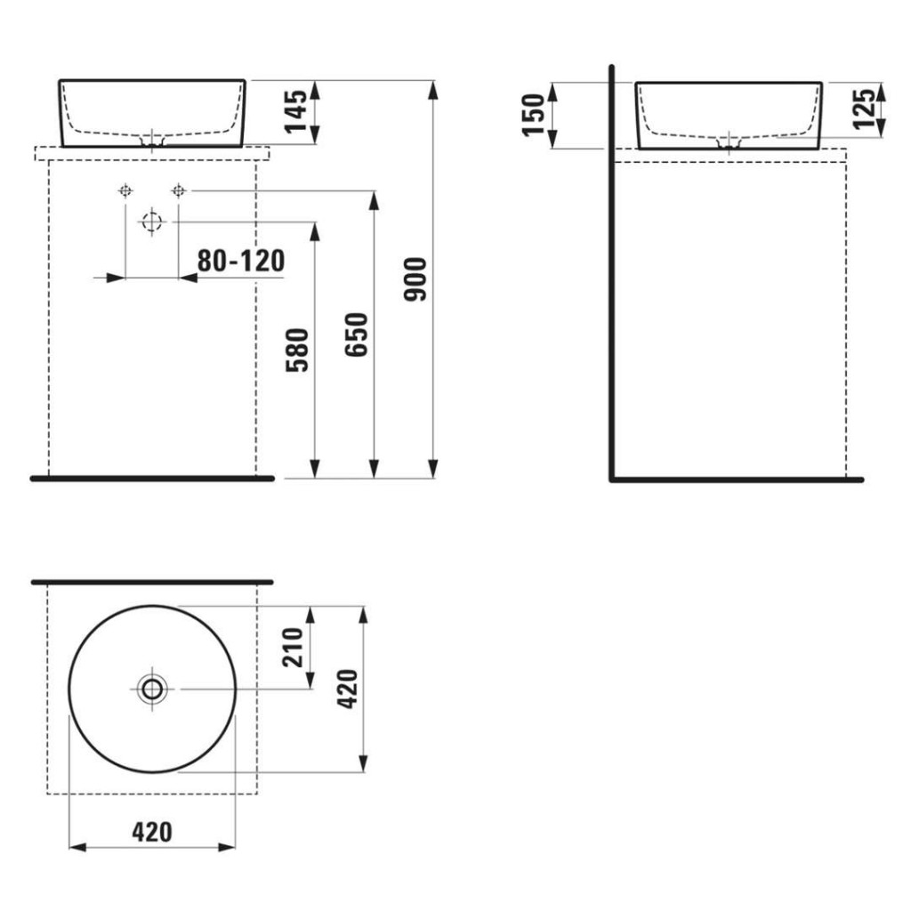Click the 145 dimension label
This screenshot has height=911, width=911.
point(296,111)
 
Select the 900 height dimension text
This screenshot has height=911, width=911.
point(416,279)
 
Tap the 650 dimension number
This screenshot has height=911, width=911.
point(357,335)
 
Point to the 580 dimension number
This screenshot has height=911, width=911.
point(297,350)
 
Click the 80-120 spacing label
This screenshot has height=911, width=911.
point(241,262)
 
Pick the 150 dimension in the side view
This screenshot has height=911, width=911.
point(534,115)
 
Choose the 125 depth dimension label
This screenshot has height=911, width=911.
point(864,108)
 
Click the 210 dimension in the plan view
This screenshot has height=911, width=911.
point(293,648)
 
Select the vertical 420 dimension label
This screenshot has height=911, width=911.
point(348,689)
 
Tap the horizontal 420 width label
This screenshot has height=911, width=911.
point(152,833)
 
